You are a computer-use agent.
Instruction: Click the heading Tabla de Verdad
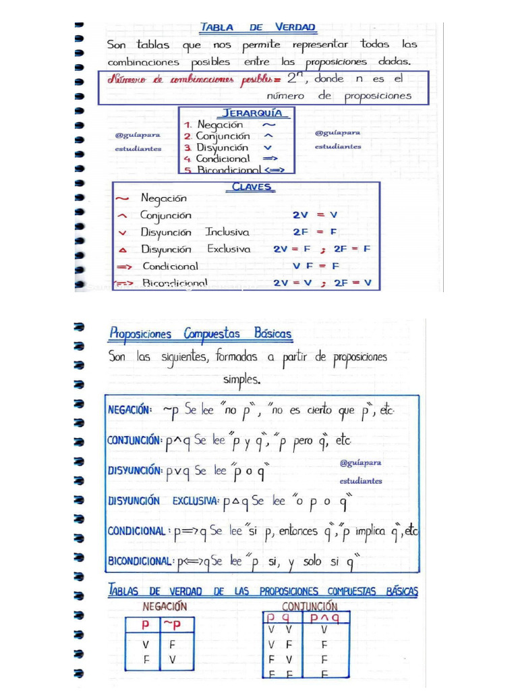tap(257, 28)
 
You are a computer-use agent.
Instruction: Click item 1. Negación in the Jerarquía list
tap(214, 125)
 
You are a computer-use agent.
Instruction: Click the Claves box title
tap(252, 187)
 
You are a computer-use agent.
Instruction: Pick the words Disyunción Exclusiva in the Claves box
tap(195, 249)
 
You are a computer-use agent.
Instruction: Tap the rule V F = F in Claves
tap(317, 266)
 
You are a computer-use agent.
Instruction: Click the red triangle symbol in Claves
tap(122, 250)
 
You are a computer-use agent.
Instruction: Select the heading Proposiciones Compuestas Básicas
tap(200, 334)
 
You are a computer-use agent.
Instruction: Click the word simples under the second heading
tap(241, 379)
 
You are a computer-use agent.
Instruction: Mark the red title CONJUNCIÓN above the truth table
tap(310, 605)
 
